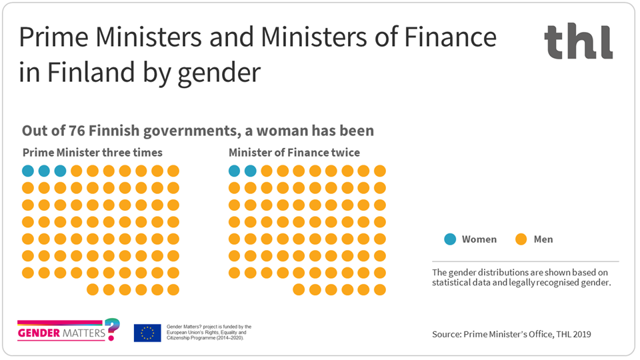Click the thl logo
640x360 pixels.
pos(578,41)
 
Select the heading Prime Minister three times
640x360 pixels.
pos(92,153)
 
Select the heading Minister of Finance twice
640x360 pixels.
pos(294,153)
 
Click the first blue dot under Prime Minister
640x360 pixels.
pos(28,171)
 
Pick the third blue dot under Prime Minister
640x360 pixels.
pos(60,171)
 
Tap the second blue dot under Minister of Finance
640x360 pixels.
pos(250,171)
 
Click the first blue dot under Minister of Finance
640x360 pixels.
pos(234,171)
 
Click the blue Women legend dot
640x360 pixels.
pos(451,239)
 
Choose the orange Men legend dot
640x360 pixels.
pos(521,239)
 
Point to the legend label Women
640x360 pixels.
pos(479,239)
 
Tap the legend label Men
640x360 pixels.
pos(543,239)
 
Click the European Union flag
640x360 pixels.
pos(147,332)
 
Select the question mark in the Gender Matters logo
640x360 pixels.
pos(113,329)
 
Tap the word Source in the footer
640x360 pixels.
pos(446,333)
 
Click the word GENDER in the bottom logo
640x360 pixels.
pos(39,331)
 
